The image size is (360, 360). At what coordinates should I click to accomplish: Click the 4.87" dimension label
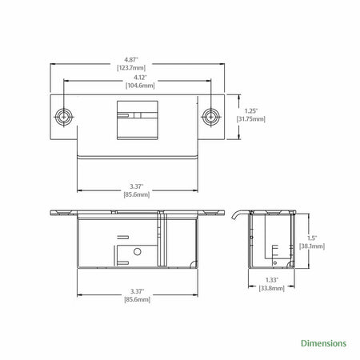coord(131,60)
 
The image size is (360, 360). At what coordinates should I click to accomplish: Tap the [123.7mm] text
coord(131,68)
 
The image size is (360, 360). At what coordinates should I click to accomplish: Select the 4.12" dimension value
coord(140,78)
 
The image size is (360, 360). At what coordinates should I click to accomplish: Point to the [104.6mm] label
coord(140,86)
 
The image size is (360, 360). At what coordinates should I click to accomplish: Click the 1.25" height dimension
coord(251,110)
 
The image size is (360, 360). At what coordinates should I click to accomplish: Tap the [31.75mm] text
coord(251,119)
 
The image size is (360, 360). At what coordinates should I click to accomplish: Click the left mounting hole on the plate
coord(64,117)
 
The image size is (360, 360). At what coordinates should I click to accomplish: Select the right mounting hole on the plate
coord(210,117)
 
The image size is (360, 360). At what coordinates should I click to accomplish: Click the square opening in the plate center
coord(138,120)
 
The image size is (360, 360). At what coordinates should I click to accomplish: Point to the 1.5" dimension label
coord(312,238)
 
